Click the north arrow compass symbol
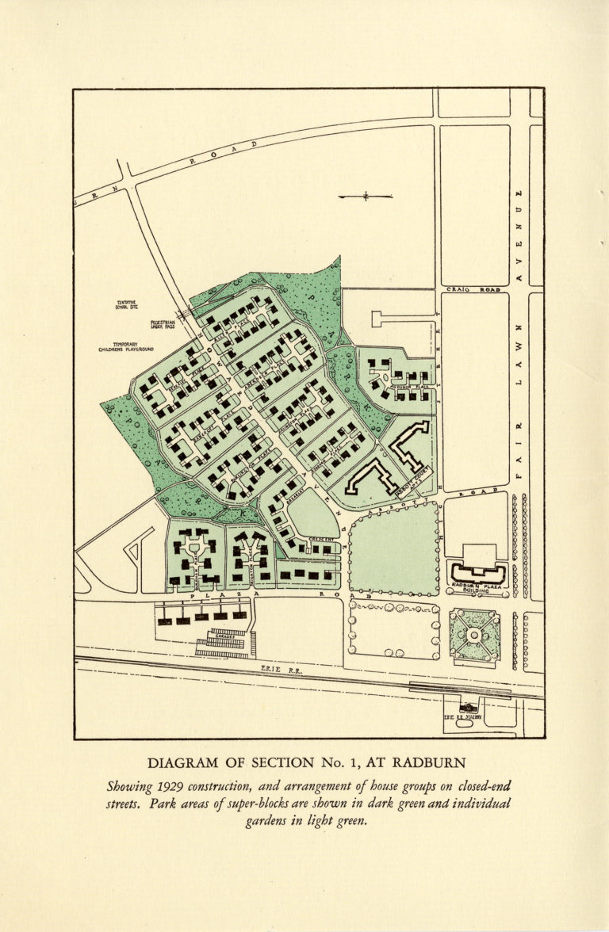(365, 197)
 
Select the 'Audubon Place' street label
(408, 387)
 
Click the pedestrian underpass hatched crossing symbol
(185, 315)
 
